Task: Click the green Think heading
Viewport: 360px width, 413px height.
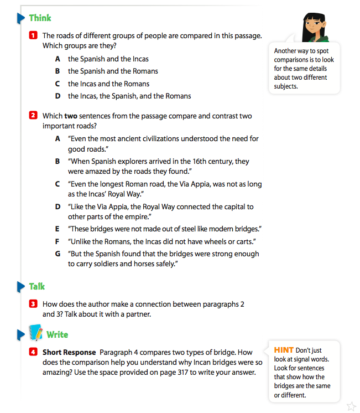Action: (x=40, y=18)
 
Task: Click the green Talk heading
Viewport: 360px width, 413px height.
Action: (x=37, y=286)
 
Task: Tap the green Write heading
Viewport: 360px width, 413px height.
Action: (x=57, y=334)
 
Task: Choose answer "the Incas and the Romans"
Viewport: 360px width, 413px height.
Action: (x=108, y=84)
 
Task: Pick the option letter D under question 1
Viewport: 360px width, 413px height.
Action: (x=58, y=96)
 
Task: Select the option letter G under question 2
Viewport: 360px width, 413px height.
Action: (x=58, y=254)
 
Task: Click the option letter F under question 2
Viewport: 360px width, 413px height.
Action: (x=58, y=241)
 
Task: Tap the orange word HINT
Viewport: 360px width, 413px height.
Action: (x=284, y=350)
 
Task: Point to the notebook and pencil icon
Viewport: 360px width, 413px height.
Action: (x=36, y=333)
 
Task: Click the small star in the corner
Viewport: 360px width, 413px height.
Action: (x=350, y=406)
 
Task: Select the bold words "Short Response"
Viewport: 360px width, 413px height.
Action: (x=69, y=352)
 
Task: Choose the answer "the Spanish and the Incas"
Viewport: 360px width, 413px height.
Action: (x=108, y=59)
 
